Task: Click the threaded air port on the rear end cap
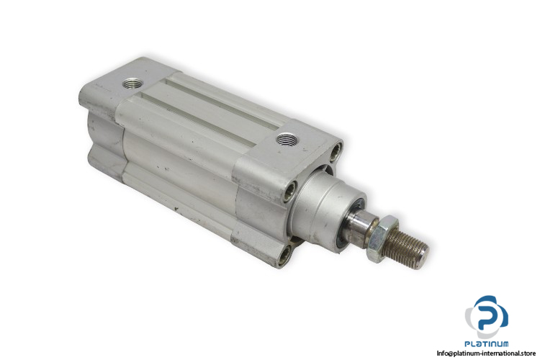[x=133, y=83]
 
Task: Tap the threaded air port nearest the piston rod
[x=287, y=140]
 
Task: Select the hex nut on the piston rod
[x=381, y=238]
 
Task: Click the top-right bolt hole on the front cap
[x=336, y=152]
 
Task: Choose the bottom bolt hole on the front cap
[x=284, y=257]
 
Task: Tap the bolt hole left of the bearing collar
[x=289, y=192]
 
